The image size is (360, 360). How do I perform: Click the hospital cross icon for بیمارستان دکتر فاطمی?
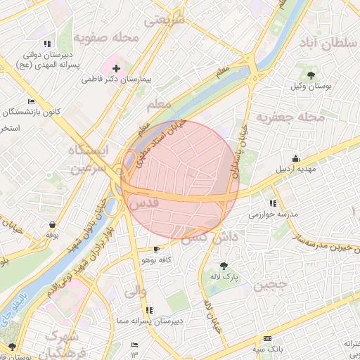(116, 70)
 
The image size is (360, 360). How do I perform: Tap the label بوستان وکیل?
(311, 86)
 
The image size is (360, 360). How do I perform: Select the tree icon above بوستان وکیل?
(311, 74)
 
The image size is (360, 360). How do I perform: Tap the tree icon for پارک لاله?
(224, 266)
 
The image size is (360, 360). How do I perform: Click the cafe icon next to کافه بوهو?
(155, 249)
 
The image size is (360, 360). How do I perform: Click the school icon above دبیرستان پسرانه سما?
(149, 309)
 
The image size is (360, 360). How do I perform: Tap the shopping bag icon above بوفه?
(51, 224)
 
